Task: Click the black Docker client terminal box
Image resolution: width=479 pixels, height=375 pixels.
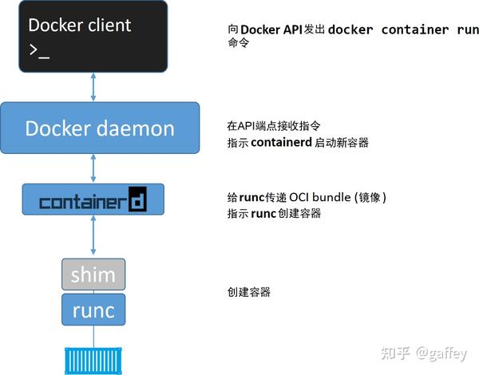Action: pos(93,37)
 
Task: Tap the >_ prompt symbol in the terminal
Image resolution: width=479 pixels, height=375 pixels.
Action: pos(38,50)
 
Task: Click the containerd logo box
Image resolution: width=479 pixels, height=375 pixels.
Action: pos(93,199)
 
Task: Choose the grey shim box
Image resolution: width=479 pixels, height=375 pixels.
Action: pos(93,274)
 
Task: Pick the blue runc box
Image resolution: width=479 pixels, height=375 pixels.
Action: pos(93,309)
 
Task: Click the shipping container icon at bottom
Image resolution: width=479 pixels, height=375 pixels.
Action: pos(93,359)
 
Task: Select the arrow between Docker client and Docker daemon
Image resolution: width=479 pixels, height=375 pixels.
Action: pos(93,87)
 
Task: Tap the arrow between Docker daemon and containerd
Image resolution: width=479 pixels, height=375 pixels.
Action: pos(93,168)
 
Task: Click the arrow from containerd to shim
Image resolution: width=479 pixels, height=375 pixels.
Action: pos(93,237)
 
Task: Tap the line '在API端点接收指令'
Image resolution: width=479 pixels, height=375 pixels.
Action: pos(276,125)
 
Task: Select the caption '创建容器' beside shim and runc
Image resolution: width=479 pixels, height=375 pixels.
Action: pos(249,292)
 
